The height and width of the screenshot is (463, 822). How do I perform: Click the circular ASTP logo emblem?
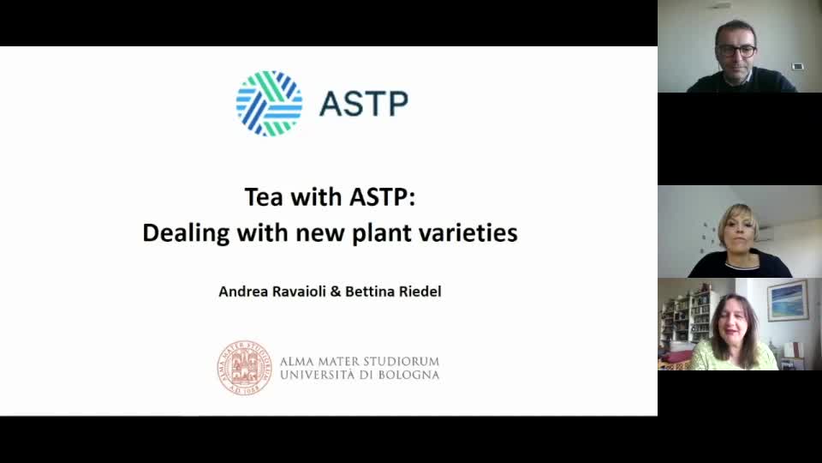click(x=269, y=104)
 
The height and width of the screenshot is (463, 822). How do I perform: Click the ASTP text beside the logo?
click(x=363, y=104)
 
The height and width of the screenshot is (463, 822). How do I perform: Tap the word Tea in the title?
click(x=263, y=197)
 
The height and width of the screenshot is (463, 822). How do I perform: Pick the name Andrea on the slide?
click(x=242, y=292)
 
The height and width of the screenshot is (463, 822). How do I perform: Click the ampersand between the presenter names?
click(x=336, y=292)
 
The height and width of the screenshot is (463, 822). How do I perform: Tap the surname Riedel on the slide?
click(x=417, y=292)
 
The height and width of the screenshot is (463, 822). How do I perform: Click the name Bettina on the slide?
click(x=368, y=292)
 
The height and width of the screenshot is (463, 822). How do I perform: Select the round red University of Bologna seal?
click(x=244, y=367)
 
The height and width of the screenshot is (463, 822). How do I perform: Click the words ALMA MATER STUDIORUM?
click(x=360, y=361)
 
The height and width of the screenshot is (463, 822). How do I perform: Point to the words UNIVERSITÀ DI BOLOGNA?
click(x=360, y=375)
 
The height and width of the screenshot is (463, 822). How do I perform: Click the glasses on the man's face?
click(x=736, y=51)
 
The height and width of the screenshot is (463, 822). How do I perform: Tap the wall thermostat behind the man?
click(x=797, y=66)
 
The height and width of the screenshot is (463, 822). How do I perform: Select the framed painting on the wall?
click(x=787, y=300)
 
